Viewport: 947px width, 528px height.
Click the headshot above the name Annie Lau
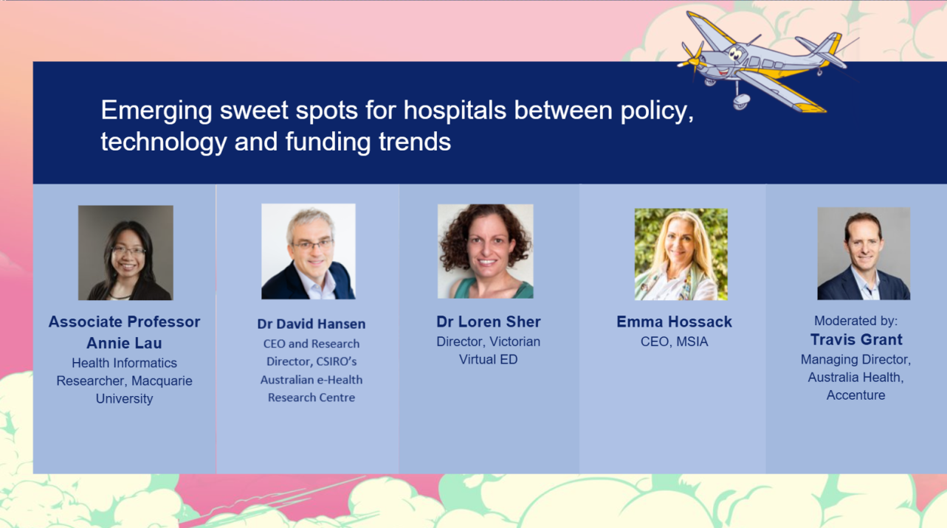125,253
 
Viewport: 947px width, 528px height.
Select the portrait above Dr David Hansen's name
309,251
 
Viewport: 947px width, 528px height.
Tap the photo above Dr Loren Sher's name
486,251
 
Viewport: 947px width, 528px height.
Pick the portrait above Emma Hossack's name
681,254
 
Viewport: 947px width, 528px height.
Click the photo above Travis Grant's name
864,254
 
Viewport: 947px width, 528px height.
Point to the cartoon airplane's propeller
692,60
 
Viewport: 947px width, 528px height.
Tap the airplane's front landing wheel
740,101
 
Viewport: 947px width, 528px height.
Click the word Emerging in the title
156,111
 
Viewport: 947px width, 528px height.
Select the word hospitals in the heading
455,111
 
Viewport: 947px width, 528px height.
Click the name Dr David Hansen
311,324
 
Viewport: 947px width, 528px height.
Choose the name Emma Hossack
674,322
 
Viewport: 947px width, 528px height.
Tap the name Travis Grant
856,340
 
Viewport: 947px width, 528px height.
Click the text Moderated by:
855,321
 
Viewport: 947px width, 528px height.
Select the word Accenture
855,395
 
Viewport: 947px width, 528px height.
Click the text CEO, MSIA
674,341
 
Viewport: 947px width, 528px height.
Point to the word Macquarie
162,381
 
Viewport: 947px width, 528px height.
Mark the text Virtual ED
489,359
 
